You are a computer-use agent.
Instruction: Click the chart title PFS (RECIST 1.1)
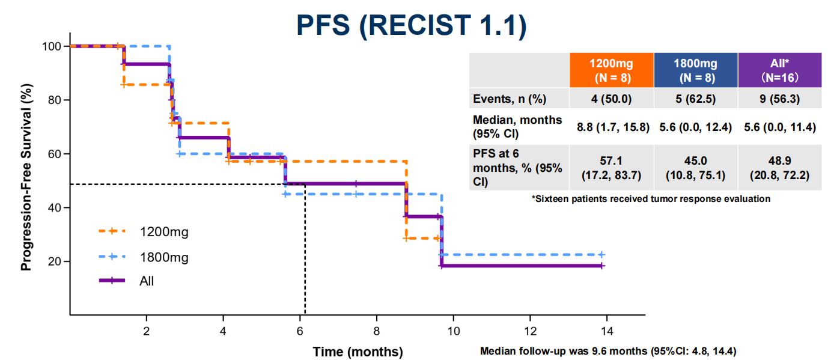pyautogui.click(x=412, y=25)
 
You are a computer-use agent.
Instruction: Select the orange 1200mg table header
pyautogui.click(x=612, y=70)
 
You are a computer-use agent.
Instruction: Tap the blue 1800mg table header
pyautogui.click(x=695, y=70)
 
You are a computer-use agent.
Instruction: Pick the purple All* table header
pyautogui.click(x=779, y=70)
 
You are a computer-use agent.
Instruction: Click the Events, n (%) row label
pyautogui.click(x=510, y=99)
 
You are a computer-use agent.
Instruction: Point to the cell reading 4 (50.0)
pyautogui.click(x=612, y=99)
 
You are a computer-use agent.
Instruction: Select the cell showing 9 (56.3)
pyautogui.click(x=779, y=99)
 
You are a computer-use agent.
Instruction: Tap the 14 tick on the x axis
pyautogui.click(x=606, y=331)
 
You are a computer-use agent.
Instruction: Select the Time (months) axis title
pyautogui.click(x=358, y=351)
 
